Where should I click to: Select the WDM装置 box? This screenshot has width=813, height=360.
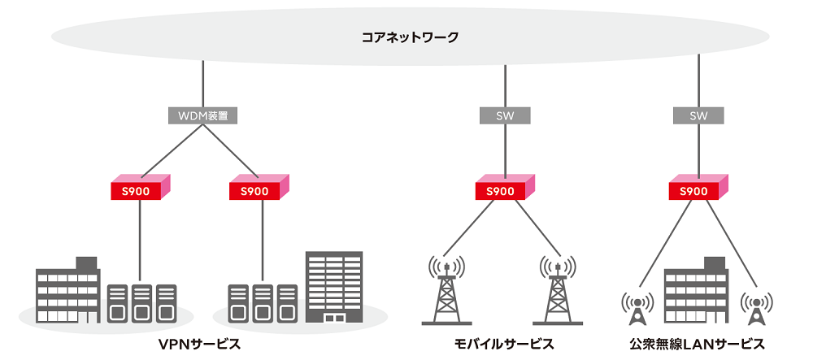(x=202, y=115)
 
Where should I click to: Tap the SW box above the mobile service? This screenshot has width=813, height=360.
(x=505, y=115)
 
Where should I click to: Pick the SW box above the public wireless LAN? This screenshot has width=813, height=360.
(x=698, y=115)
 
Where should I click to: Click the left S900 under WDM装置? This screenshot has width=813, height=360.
(x=141, y=189)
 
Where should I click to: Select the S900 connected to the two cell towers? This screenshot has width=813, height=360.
(x=505, y=189)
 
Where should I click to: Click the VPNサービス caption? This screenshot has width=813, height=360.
(x=203, y=343)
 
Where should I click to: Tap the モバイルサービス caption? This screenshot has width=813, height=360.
(x=504, y=343)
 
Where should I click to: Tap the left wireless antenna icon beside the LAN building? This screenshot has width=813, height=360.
(x=637, y=307)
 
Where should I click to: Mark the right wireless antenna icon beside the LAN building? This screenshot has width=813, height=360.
(x=756, y=307)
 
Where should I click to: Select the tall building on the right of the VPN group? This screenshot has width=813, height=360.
(x=333, y=287)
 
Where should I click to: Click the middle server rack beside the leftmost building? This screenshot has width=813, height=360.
(x=141, y=302)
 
